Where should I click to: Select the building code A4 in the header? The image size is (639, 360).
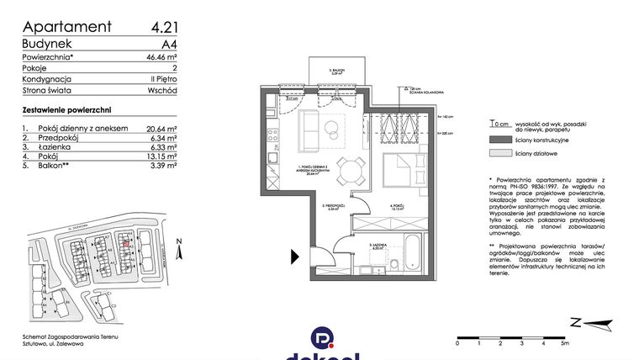(168, 44)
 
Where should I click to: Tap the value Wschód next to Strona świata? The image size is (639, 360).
(160, 90)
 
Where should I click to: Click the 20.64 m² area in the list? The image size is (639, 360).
(160, 129)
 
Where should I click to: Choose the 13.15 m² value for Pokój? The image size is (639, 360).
(160, 156)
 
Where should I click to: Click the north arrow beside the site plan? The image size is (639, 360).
(180, 249)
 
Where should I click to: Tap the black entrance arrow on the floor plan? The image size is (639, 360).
(294, 257)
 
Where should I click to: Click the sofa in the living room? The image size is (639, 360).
(309, 128)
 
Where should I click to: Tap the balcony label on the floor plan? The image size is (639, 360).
(337, 73)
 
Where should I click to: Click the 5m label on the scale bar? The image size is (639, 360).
(564, 343)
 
